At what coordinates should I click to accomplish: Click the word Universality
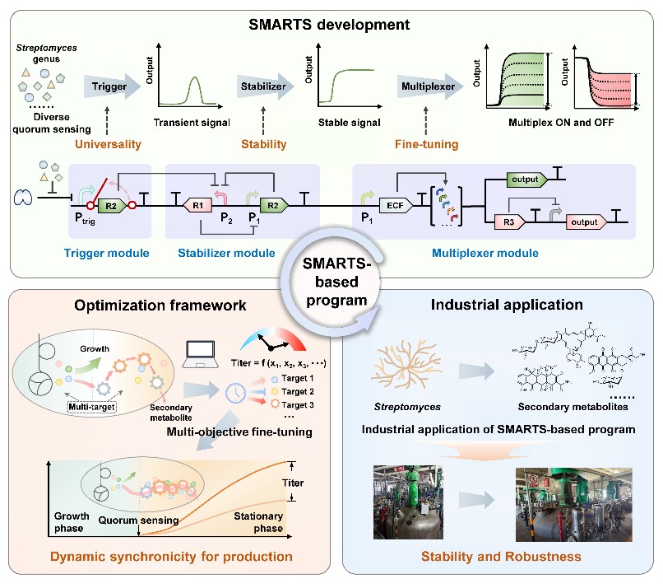click(x=109, y=145)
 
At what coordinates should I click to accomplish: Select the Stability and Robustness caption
click(x=501, y=558)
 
